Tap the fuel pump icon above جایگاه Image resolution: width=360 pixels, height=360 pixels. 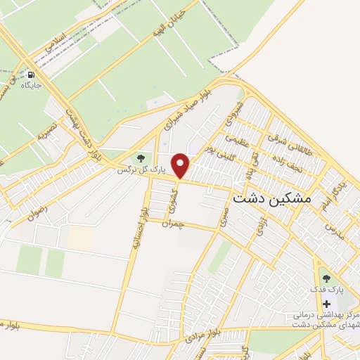tap(31, 74)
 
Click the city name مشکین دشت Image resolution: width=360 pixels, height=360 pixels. tap(271, 198)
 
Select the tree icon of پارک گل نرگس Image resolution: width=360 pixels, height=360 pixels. tap(141, 159)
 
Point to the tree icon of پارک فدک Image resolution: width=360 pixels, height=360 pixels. tap(326, 276)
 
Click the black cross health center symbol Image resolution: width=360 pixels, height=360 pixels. tap(326, 304)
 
